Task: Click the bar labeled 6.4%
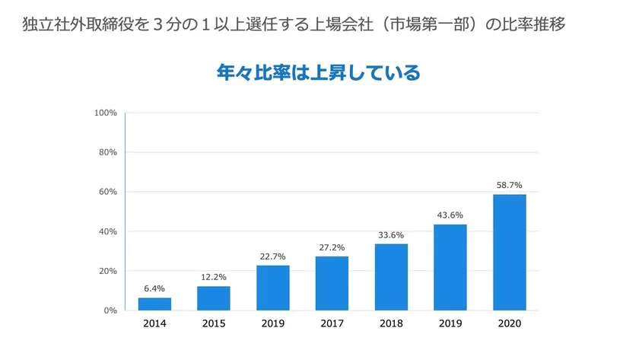[x=154, y=304]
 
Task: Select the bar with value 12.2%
[x=214, y=298]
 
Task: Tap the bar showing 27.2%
[x=332, y=283]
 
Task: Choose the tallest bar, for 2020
[x=510, y=252]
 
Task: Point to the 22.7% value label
[x=272, y=256]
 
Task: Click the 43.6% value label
[x=450, y=215]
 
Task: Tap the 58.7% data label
[x=510, y=185]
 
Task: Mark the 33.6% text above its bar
[x=391, y=234]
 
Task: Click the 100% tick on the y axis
[x=105, y=113]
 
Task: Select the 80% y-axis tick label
[x=106, y=152]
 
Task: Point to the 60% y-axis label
[x=106, y=192]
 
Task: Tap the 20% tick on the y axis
[x=106, y=271]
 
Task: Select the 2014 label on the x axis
[x=154, y=323]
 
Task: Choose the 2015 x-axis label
[x=214, y=323]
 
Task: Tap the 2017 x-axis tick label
[x=332, y=323]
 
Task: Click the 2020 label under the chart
[x=510, y=323]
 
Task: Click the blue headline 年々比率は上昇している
[x=319, y=74]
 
